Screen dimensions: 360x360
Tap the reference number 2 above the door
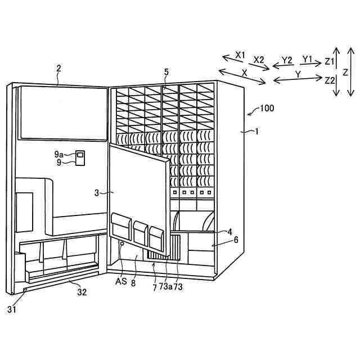(58, 69)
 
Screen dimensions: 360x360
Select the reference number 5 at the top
(166, 71)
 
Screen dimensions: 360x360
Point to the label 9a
(59, 154)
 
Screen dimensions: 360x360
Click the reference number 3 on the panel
(96, 192)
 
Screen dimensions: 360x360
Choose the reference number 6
(236, 239)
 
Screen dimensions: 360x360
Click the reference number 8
(133, 283)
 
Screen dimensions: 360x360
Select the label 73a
(165, 286)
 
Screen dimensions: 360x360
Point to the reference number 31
(12, 308)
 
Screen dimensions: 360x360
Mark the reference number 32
(82, 292)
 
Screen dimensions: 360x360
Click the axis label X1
(241, 55)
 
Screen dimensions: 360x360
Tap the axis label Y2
(287, 60)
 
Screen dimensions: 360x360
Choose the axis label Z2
(330, 80)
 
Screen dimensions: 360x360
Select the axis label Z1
(330, 61)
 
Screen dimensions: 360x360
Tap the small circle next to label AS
(121, 244)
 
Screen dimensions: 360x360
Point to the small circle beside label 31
(25, 290)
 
